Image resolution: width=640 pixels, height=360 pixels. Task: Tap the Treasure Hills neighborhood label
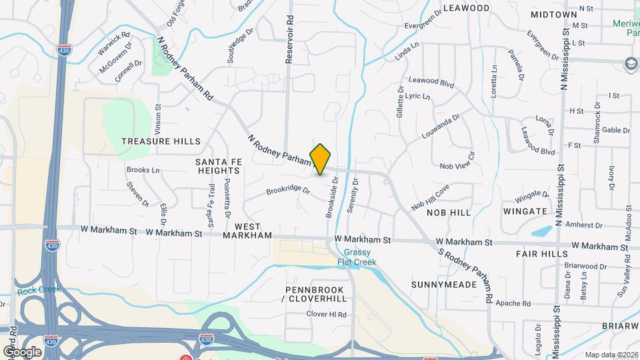click(161, 141)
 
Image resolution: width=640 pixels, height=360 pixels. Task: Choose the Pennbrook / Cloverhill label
click(316, 295)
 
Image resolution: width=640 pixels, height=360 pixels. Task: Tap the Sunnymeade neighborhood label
click(444, 285)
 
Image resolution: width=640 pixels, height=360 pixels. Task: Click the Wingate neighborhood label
click(526, 211)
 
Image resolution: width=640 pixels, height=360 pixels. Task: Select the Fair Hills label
click(541, 255)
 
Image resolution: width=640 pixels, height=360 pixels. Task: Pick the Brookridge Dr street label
click(289, 191)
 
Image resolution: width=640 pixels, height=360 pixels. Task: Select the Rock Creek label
click(38, 289)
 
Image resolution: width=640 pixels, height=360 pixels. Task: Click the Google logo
click(22, 351)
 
